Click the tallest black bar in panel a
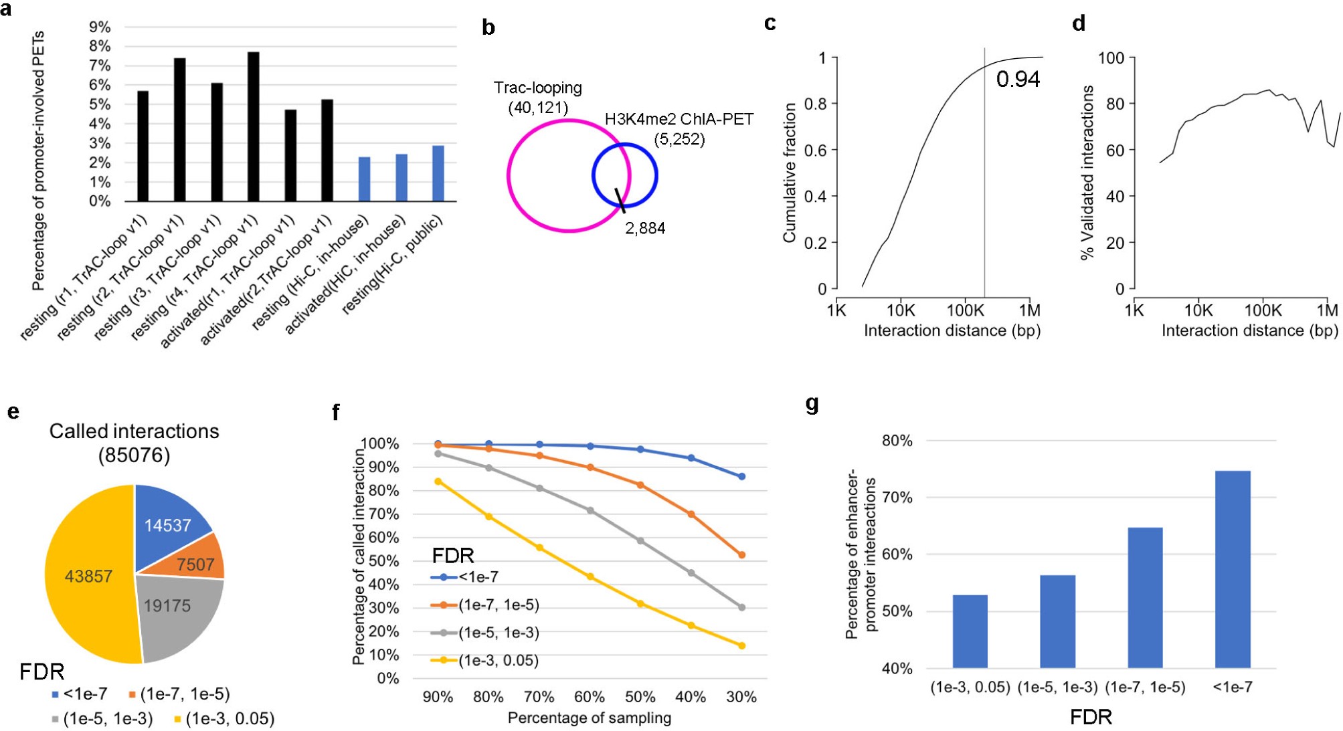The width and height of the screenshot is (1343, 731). pyautogui.click(x=253, y=127)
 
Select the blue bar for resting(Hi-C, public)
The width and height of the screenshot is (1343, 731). pyautogui.click(x=438, y=173)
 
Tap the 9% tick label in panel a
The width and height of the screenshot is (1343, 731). pyautogui.click(x=100, y=27)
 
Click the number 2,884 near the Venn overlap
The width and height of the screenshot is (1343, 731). pyautogui.click(x=645, y=228)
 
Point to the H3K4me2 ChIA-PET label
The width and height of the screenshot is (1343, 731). pyautogui.click(x=679, y=120)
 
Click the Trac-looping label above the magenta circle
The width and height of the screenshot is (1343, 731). pyautogui.click(x=537, y=88)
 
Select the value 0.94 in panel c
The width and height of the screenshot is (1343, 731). pyautogui.click(x=1017, y=79)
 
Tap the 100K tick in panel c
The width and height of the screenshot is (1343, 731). pyautogui.click(x=965, y=310)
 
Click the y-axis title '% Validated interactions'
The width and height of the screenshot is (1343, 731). pyautogui.click(x=1088, y=172)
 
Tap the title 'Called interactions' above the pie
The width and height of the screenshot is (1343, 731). pyautogui.click(x=134, y=431)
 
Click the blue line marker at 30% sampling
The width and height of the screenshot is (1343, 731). pyautogui.click(x=741, y=477)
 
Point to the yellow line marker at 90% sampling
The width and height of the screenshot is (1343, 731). pyautogui.click(x=438, y=482)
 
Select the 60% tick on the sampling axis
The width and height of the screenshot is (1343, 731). pyautogui.click(x=590, y=697)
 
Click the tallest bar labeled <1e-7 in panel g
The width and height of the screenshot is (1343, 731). pyautogui.click(x=1232, y=569)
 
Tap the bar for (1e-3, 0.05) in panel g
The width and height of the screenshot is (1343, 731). pyautogui.click(x=970, y=631)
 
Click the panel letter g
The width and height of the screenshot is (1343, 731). pyautogui.click(x=812, y=403)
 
